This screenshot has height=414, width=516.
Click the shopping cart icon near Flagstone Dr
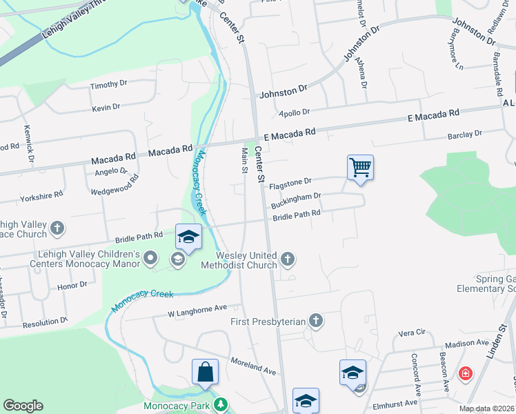point(360,167)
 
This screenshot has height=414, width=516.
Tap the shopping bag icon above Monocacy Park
point(205,372)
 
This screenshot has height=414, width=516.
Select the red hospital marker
point(466,374)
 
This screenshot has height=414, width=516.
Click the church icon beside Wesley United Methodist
point(288,259)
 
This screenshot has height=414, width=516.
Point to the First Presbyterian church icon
point(315,320)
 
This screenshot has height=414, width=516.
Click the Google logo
point(23,406)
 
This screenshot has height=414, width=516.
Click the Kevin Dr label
point(106,108)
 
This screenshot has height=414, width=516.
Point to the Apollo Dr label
point(295,112)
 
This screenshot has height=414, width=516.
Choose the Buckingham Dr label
point(296,201)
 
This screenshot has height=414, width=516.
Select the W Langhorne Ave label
point(197,313)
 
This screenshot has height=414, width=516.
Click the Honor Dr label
point(72,285)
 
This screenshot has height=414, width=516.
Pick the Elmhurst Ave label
point(400,403)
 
